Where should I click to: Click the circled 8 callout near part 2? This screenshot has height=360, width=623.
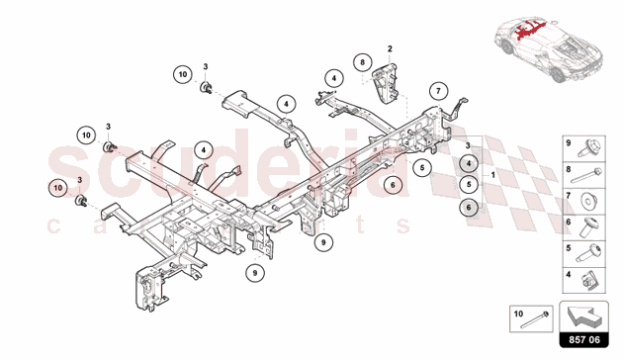362,62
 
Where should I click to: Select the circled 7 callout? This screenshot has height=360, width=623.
438,91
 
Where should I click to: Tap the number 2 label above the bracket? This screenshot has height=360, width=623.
390,48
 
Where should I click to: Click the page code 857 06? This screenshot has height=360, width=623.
584,340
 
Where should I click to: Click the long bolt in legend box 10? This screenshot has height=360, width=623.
535,320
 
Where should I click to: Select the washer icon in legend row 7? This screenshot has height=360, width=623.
590,201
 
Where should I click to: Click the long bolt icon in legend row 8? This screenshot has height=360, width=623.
586,176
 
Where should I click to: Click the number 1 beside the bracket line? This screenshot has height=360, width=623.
493,175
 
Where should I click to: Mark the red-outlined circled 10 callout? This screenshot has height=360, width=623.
58,188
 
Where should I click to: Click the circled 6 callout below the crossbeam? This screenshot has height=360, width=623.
393,185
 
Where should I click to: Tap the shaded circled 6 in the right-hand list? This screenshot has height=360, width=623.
469,208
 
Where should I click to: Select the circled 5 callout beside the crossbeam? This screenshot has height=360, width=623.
422,168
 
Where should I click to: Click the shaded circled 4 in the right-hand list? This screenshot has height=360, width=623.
469,163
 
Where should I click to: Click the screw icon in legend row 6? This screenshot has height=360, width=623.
588,227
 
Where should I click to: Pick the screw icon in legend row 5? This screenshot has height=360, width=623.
588,253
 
